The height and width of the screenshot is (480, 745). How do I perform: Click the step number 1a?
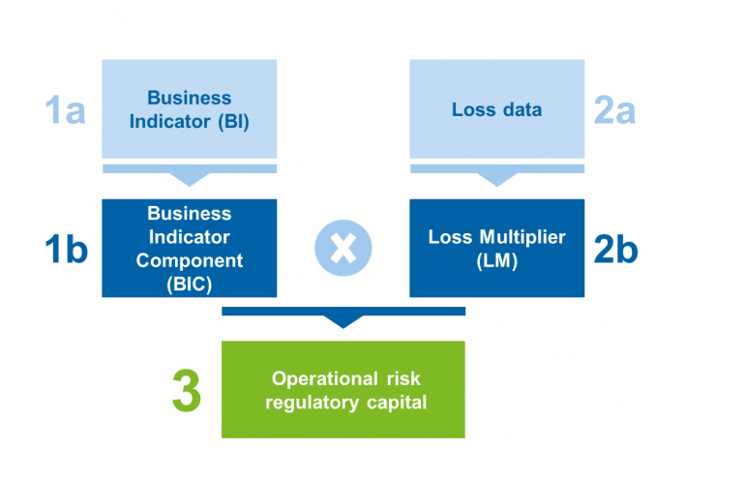click(x=66, y=109)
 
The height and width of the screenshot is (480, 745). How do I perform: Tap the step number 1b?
click(x=66, y=249)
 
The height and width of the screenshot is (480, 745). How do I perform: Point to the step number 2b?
click(x=615, y=249)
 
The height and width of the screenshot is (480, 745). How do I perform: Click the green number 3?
click(x=187, y=390)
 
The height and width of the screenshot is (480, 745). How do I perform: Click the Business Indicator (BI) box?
click(x=190, y=108)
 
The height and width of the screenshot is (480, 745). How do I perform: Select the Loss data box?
click(x=496, y=108)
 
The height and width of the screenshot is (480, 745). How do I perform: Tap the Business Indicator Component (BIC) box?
click(x=190, y=248)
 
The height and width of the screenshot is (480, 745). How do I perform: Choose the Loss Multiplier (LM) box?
click(x=496, y=248)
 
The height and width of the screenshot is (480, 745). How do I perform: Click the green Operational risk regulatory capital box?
click(x=343, y=389)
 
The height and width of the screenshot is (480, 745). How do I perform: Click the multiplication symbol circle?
click(x=343, y=249)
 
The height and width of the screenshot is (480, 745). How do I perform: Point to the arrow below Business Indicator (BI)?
click(x=190, y=174)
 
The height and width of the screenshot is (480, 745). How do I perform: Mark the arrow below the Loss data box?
click(x=497, y=174)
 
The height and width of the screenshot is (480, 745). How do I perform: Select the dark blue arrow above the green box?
click(x=343, y=316)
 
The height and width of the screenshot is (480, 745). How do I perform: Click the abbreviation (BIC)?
click(x=190, y=285)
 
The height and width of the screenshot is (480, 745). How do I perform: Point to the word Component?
click(x=190, y=260)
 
